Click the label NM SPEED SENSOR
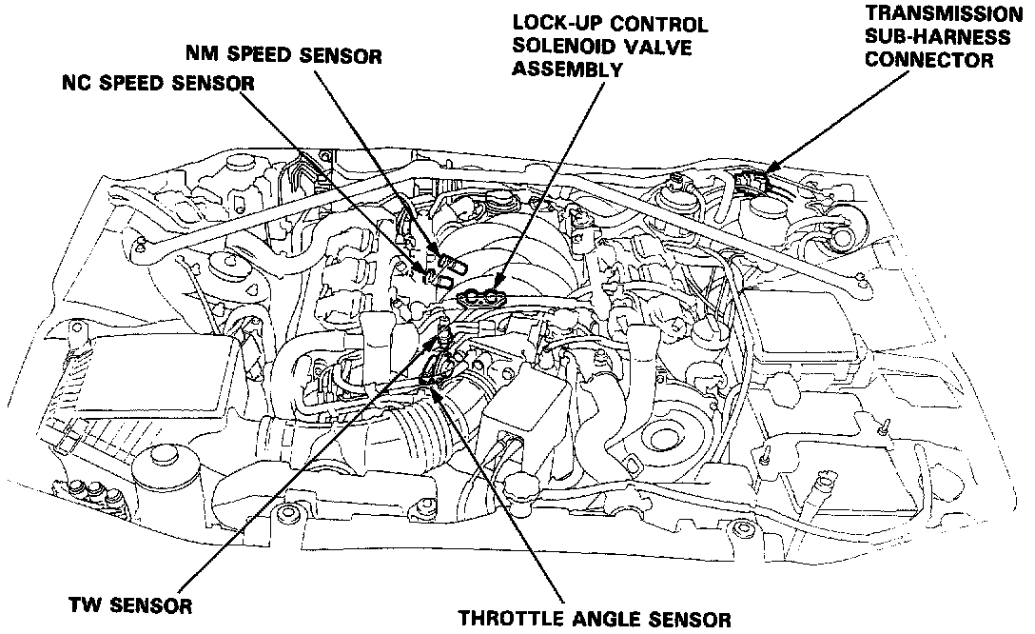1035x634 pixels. (x=284, y=55)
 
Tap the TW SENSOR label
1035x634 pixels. (x=131, y=604)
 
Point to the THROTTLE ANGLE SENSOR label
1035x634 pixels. (x=595, y=620)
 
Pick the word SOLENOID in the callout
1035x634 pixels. (x=561, y=47)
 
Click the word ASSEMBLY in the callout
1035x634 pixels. (x=567, y=69)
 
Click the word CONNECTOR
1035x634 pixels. (x=936, y=60)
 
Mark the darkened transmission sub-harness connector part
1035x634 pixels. (x=756, y=178)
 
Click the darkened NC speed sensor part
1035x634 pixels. (x=433, y=277)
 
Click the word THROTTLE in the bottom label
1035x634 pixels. (x=505, y=620)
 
